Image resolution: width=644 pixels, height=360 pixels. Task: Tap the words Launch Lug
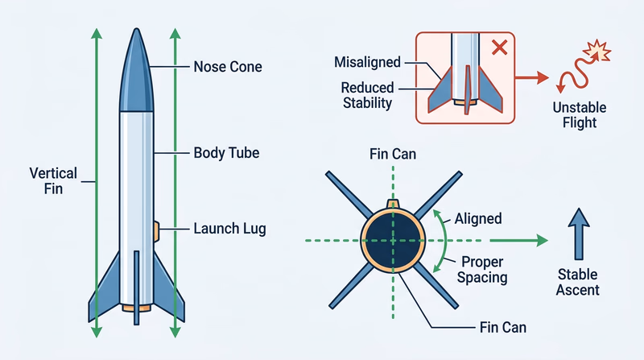click(229, 229)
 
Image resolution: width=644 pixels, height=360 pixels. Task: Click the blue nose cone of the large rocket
click(134, 72)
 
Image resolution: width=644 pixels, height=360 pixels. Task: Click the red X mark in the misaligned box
click(499, 47)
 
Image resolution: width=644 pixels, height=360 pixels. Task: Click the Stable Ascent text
click(578, 282)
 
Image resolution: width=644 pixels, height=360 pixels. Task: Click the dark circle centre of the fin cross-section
click(393, 239)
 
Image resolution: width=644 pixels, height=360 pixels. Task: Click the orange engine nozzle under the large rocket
click(135, 307)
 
